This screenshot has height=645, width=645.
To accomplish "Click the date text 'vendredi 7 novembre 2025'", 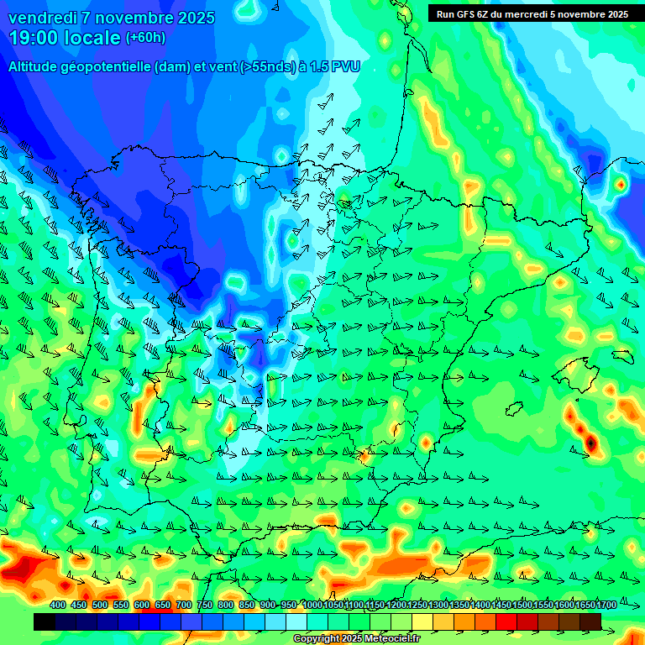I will click(x=112, y=18).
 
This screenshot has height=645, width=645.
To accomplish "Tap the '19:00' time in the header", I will click(x=34, y=38).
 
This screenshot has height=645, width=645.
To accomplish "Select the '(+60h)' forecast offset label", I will click(x=145, y=38).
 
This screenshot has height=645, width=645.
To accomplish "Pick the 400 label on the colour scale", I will click(x=58, y=605).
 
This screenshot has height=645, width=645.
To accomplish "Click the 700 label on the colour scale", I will click(x=184, y=605).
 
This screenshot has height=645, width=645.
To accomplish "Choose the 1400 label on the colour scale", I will click(x=480, y=605).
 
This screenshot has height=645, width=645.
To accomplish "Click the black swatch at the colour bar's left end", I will click(x=45, y=621).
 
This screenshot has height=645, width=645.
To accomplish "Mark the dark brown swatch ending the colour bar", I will click(x=590, y=621).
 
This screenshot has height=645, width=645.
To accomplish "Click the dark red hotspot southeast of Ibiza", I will click(x=591, y=442).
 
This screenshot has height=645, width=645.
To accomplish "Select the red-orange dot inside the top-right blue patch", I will click(x=621, y=183).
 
